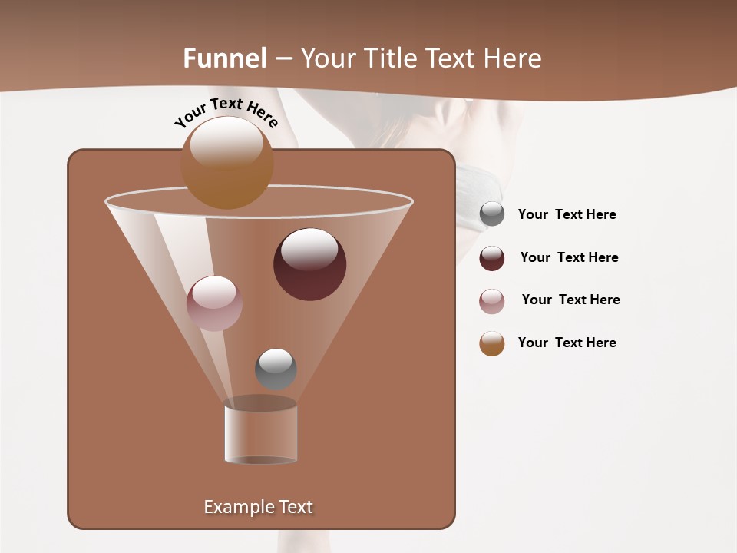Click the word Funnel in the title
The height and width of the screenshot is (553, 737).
(224, 58)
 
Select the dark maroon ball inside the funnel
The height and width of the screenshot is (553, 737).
(309, 264)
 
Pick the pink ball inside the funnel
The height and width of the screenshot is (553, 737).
(214, 303)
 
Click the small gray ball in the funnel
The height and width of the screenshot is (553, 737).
(276, 369)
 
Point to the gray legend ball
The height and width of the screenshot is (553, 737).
(492, 214)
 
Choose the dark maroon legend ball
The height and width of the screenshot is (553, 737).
(492, 258)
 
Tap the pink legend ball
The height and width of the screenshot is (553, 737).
(492, 301)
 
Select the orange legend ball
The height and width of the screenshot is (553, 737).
(492, 343)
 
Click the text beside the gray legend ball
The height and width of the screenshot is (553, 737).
(567, 214)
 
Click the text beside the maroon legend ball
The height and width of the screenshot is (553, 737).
(569, 257)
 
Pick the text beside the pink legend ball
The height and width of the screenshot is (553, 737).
(570, 300)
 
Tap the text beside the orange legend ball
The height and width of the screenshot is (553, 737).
(567, 343)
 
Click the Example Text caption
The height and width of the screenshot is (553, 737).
(258, 507)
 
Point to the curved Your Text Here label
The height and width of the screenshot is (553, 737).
(226, 112)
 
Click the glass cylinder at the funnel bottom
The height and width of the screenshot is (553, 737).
(260, 434)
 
